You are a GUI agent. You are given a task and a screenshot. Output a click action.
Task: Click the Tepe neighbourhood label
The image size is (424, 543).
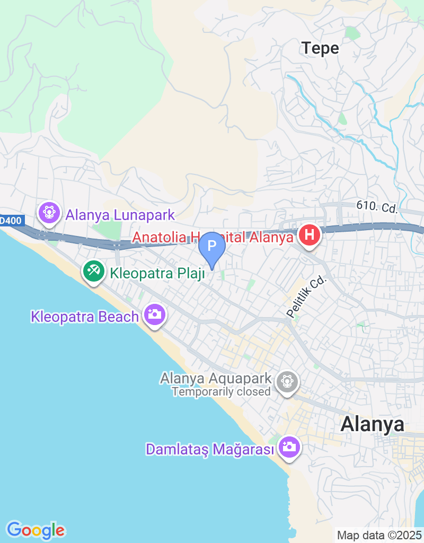click(320, 48)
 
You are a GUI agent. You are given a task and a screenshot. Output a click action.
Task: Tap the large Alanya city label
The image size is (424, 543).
click(372, 424)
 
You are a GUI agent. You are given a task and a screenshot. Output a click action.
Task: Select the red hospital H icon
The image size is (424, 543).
click(310, 235)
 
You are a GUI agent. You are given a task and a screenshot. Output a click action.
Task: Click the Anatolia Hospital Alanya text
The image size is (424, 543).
click(213, 237)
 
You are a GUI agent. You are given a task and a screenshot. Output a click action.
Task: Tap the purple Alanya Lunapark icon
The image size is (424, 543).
click(49, 213)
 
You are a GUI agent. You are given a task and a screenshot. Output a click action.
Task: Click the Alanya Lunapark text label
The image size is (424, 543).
click(120, 215)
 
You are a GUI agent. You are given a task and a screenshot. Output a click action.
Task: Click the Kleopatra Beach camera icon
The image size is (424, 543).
click(154, 314)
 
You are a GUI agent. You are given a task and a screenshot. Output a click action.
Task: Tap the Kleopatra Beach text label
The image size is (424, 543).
click(85, 317)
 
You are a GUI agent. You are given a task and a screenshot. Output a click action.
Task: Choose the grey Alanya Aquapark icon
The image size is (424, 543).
click(287, 380)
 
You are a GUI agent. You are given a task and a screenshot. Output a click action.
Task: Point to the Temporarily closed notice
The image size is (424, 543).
click(221, 392)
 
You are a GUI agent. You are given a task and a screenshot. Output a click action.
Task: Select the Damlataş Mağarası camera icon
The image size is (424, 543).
click(289, 446)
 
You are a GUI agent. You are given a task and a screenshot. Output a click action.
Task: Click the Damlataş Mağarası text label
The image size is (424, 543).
click(211, 450)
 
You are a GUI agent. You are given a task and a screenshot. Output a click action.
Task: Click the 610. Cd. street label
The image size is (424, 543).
click(377, 207)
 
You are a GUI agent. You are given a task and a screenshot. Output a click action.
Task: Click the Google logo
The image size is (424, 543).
click(36, 530)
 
